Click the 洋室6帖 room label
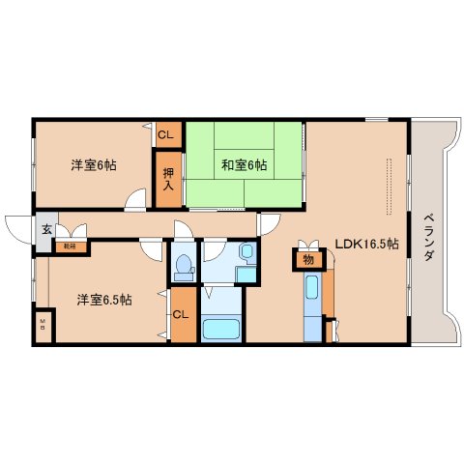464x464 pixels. click(93, 165)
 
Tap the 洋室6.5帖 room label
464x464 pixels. click(104, 299)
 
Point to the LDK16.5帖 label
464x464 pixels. click(366, 245)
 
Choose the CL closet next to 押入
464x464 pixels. click(166, 135)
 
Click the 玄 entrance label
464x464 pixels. click(45, 230)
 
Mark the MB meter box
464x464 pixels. click(43, 325)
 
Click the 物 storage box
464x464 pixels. click(308, 259)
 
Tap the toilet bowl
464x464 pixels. click(182, 266)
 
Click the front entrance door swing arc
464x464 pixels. click(17, 229)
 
